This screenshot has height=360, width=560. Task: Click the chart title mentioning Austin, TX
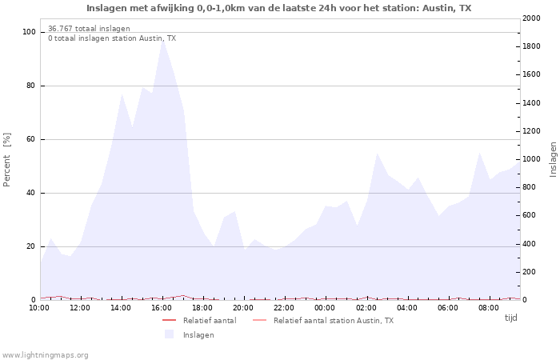(x=279, y=8)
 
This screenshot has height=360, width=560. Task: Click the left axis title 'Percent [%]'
(x=7, y=160)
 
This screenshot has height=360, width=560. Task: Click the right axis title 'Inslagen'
(x=553, y=159)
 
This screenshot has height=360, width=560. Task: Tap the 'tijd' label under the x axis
(x=510, y=318)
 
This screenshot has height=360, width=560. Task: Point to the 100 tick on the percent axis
(x=29, y=32)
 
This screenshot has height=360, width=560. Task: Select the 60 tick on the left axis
(x=31, y=139)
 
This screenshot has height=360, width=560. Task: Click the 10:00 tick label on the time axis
(x=40, y=307)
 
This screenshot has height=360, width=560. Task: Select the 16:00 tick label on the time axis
(x=162, y=307)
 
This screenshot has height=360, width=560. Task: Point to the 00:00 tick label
(x=325, y=307)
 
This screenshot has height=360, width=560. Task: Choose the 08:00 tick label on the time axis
(x=489, y=307)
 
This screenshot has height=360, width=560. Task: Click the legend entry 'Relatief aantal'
(x=209, y=321)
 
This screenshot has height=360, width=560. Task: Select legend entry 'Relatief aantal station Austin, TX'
(x=333, y=321)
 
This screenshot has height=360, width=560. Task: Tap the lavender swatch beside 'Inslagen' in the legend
(x=169, y=334)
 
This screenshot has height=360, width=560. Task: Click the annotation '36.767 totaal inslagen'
(x=89, y=29)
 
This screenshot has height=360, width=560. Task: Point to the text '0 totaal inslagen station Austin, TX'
(x=112, y=38)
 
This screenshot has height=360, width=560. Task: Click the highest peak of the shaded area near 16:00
(x=162, y=39)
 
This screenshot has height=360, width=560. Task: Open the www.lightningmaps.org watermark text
(x=46, y=354)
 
